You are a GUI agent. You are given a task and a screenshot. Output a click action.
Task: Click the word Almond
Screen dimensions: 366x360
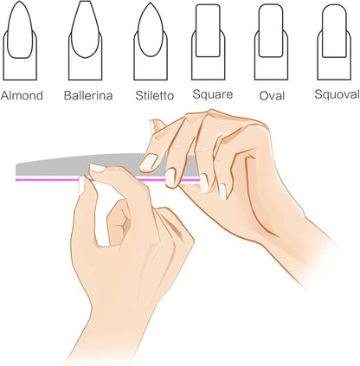click(x=22, y=95)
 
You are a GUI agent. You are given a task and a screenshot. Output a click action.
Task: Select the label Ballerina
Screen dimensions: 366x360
click(x=87, y=95)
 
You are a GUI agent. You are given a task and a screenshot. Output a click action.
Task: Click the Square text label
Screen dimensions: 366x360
click(x=213, y=94)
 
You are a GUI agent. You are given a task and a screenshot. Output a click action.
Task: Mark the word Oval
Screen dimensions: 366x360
click(x=273, y=95)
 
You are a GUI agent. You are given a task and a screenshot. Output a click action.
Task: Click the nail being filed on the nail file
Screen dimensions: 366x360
click(x=150, y=162)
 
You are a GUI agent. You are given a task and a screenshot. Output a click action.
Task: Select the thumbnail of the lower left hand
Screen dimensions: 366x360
click(x=84, y=183)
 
